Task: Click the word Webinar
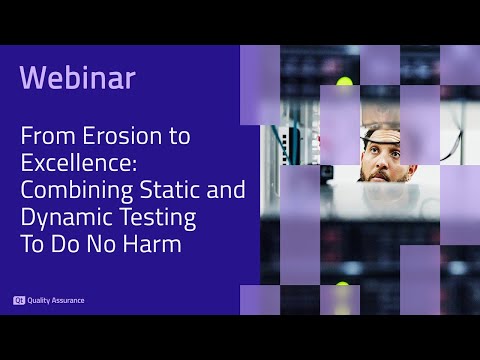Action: click(78, 77)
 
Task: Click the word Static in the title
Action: click(172, 191)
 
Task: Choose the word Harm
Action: click(157, 243)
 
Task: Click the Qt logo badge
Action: click(19, 300)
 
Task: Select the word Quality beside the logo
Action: click(41, 300)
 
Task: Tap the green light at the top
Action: click(345, 81)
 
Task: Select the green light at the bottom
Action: click(345, 287)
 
